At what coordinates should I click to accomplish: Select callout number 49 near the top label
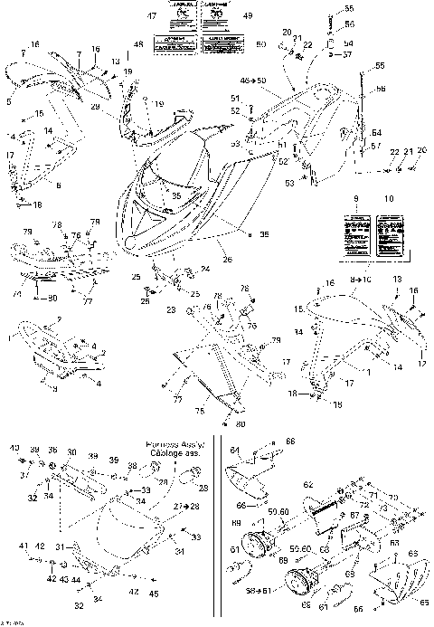(x=248, y=16)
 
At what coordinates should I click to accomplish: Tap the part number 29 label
(x=95, y=107)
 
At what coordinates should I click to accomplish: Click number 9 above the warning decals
(x=356, y=197)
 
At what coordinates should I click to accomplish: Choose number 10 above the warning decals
(x=391, y=197)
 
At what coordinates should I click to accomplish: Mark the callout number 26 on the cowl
(x=228, y=259)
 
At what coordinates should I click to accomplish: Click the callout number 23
(x=169, y=309)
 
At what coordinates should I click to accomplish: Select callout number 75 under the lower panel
(x=201, y=410)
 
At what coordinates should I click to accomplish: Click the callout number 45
(x=155, y=593)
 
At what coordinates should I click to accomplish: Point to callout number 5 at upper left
(x=8, y=102)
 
